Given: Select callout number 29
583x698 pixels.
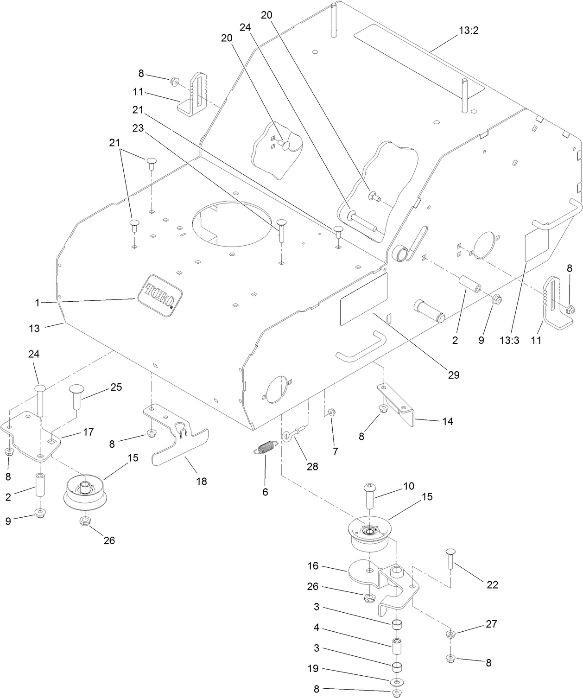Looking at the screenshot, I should pos(454,375).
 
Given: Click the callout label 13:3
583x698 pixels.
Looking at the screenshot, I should pos(509,340).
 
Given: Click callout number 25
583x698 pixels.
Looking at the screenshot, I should pos(116,387).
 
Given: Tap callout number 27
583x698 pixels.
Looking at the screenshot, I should pos(491,624).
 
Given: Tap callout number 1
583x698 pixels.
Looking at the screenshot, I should pos(37,303).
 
